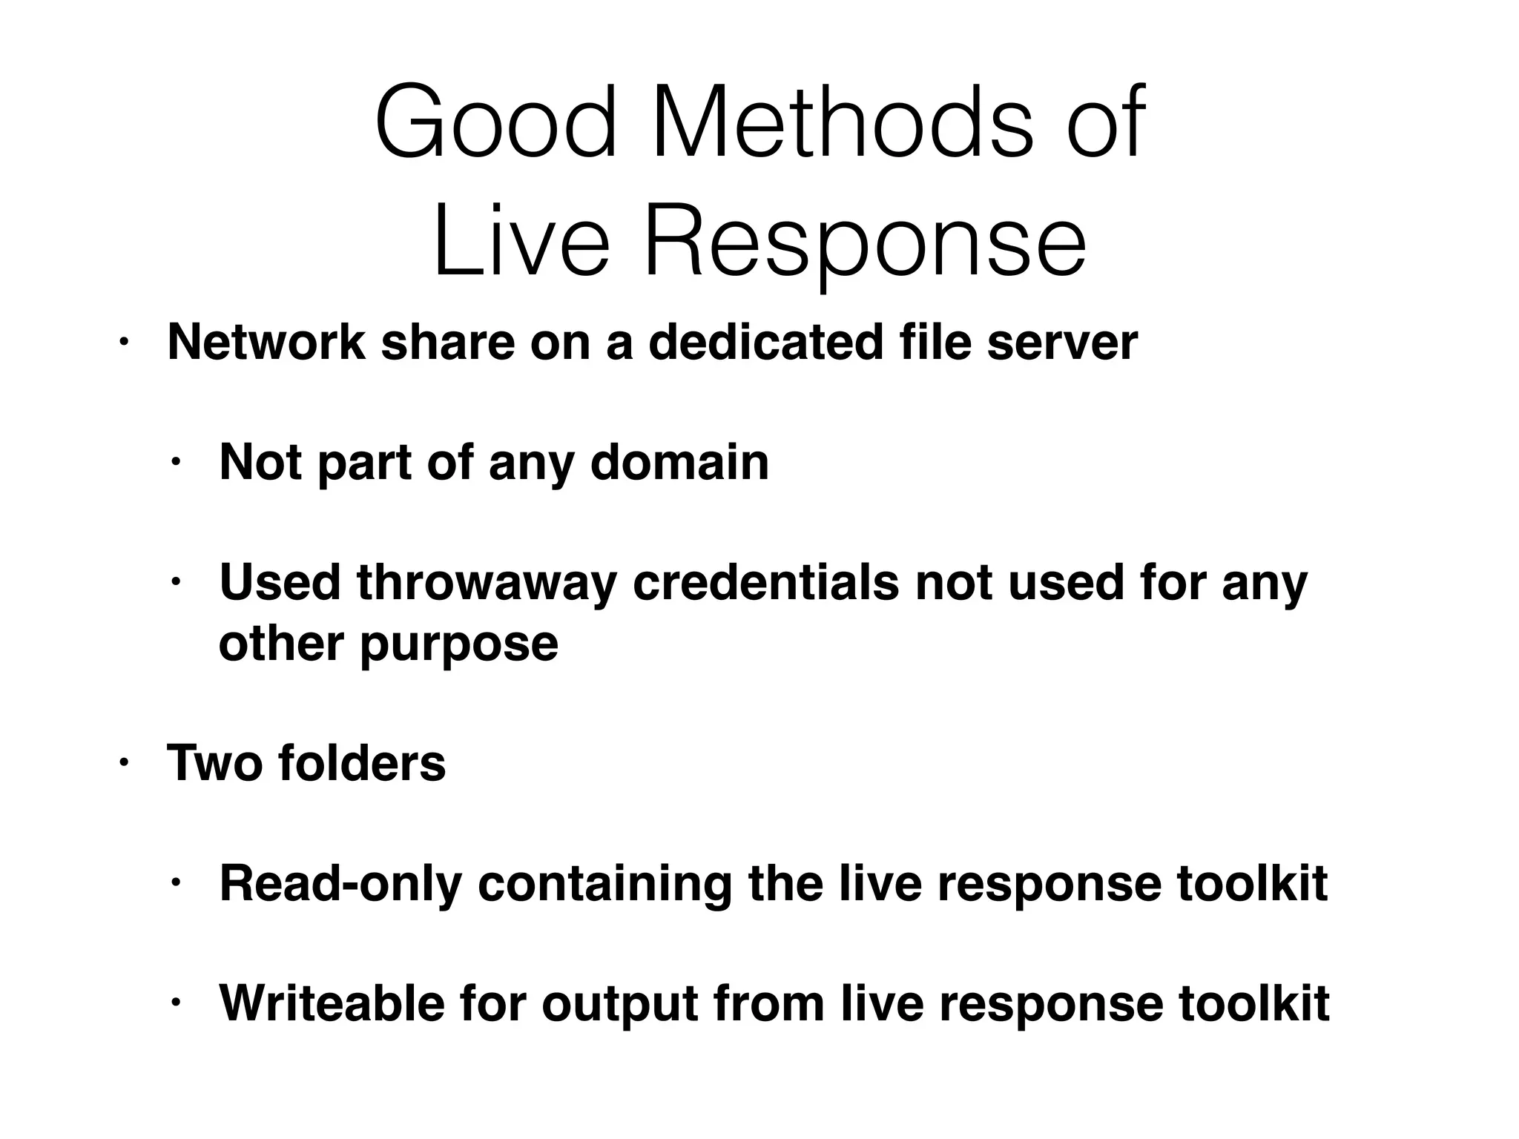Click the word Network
(x=266, y=343)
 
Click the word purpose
(x=459, y=644)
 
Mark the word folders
(x=362, y=763)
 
